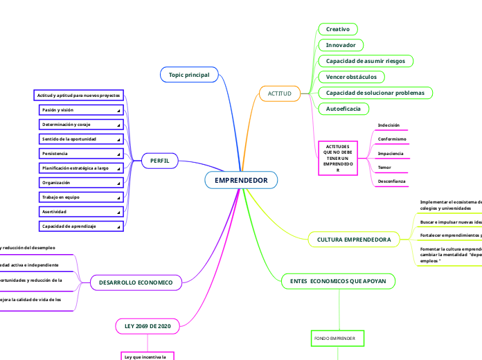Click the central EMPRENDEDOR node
(241, 181)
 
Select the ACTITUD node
(279, 93)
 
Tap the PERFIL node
(160, 161)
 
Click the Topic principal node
(189, 74)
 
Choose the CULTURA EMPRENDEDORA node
(353, 240)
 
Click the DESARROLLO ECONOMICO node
(136, 282)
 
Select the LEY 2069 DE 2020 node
(148, 325)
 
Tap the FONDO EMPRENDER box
(334, 338)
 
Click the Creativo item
(338, 29)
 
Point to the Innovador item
(341, 45)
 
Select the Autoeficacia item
(343, 109)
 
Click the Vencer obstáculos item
(351, 77)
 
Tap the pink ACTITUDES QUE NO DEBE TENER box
(338, 159)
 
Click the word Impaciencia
(391, 153)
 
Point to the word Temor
(384, 168)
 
